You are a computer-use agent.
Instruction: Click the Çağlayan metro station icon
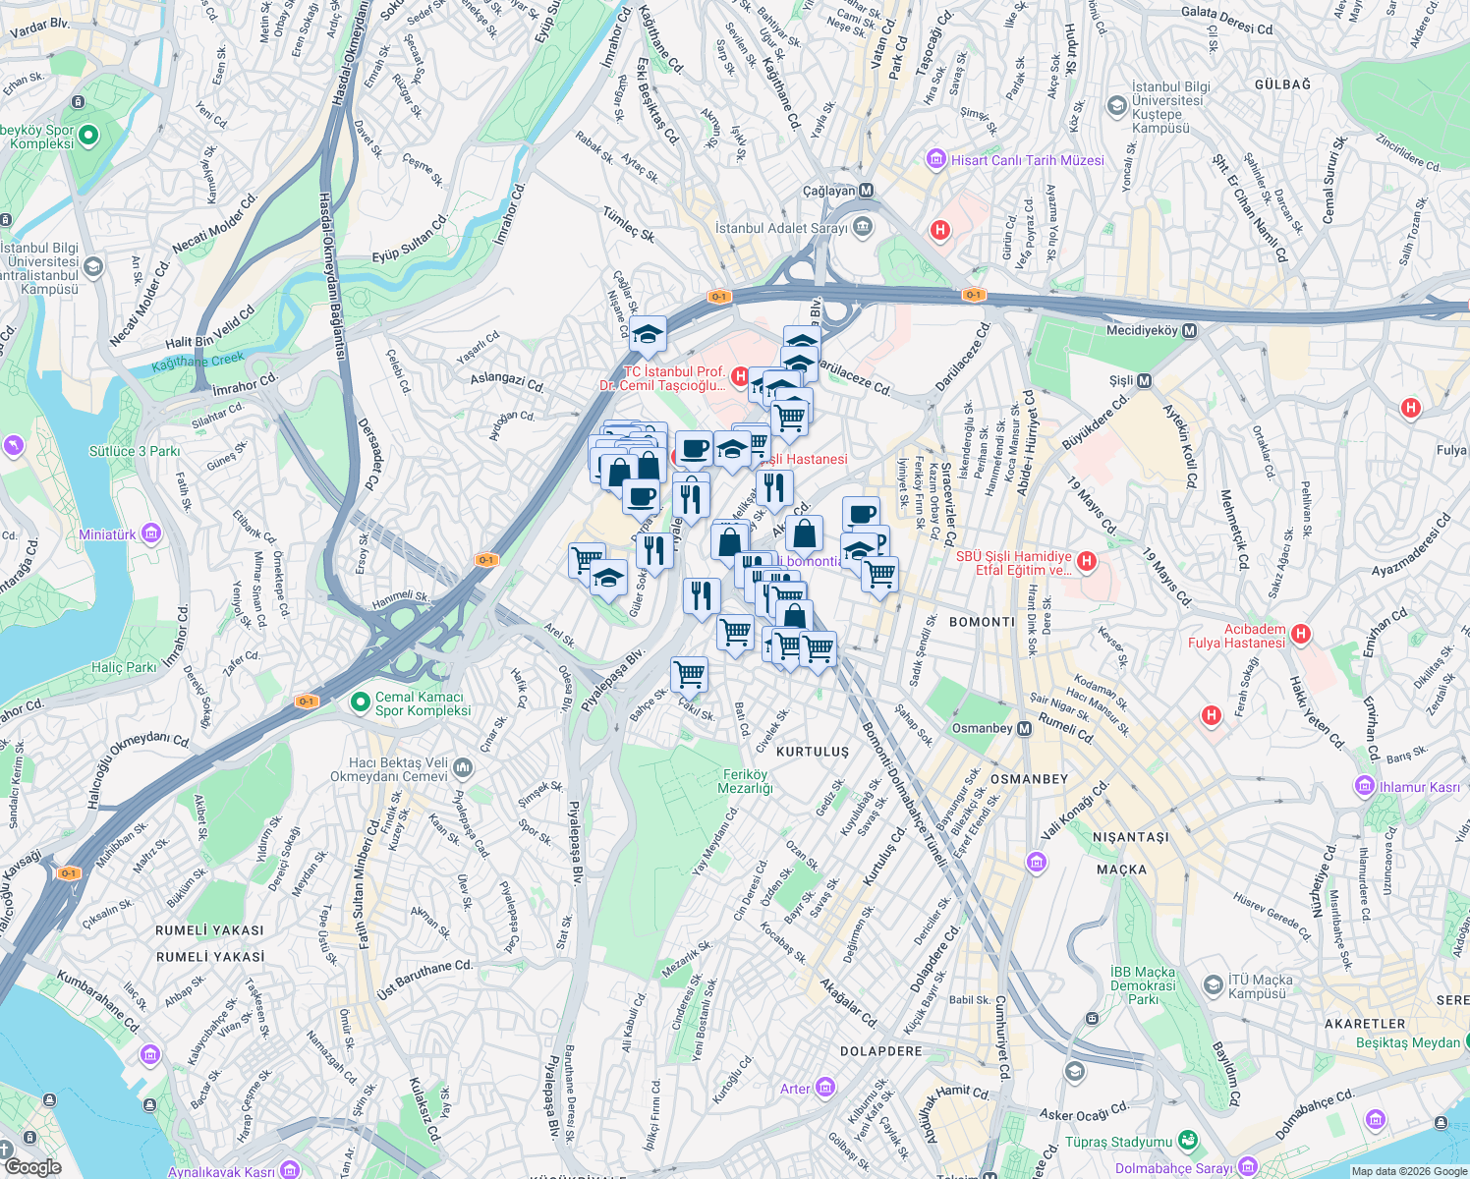tap(866, 191)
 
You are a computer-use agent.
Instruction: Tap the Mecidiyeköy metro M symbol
tap(1190, 331)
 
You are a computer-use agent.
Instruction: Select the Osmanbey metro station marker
tap(1024, 728)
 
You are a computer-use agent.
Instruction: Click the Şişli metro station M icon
tap(1144, 380)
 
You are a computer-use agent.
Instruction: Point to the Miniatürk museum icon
tap(150, 534)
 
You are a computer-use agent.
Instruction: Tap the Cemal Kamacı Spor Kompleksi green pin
tap(361, 703)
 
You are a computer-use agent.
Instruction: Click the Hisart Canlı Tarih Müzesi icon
tap(936, 159)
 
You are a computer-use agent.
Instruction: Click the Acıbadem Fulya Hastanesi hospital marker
tap(1301, 634)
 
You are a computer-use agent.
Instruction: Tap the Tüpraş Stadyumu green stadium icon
tap(1188, 1141)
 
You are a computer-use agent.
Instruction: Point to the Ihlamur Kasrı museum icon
tap(1364, 786)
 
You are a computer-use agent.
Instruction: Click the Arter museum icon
tap(824, 1088)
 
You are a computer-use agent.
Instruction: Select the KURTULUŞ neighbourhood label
tap(813, 752)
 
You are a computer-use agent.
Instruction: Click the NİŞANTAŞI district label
tap(1131, 837)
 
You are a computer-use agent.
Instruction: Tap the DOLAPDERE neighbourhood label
tap(881, 1051)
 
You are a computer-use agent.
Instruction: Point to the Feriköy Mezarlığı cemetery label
tap(746, 781)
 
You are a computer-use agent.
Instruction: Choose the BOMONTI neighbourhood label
tap(982, 622)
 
